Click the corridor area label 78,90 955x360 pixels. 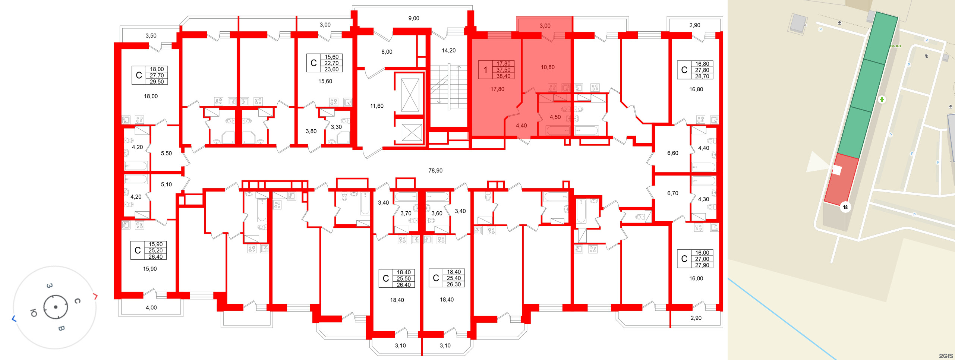(x=435, y=171)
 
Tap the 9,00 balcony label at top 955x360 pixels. (x=414, y=18)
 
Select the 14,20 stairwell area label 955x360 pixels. (x=448, y=51)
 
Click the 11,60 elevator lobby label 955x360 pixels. (x=376, y=106)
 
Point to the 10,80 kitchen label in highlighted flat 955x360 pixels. (x=548, y=67)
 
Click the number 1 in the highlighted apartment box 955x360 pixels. (x=485, y=70)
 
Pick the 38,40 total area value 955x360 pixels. (x=503, y=76)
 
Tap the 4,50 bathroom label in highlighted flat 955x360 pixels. (x=555, y=117)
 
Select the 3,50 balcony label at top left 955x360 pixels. (x=151, y=36)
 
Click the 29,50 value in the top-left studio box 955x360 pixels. (x=157, y=82)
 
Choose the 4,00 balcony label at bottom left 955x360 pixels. (x=151, y=308)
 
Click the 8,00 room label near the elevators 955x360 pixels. (x=387, y=52)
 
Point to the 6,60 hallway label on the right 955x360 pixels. (x=672, y=153)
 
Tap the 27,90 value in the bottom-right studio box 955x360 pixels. (x=702, y=265)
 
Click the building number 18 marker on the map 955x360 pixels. (x=845, y=207)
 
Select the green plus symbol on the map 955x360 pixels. (x=882, y=100)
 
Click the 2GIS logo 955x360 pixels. (x=946, y=356)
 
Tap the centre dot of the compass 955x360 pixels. (x=56, y=307)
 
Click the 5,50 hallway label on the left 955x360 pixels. (x=166, y=154)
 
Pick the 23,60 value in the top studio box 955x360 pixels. (x=331, y=69)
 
